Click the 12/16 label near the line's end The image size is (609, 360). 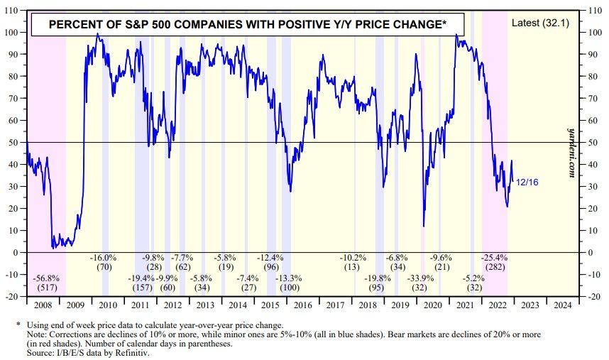(526, 182)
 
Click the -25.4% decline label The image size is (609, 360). (494, 256)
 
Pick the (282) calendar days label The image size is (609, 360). (494, 267)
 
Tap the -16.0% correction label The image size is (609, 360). (105, 256)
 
